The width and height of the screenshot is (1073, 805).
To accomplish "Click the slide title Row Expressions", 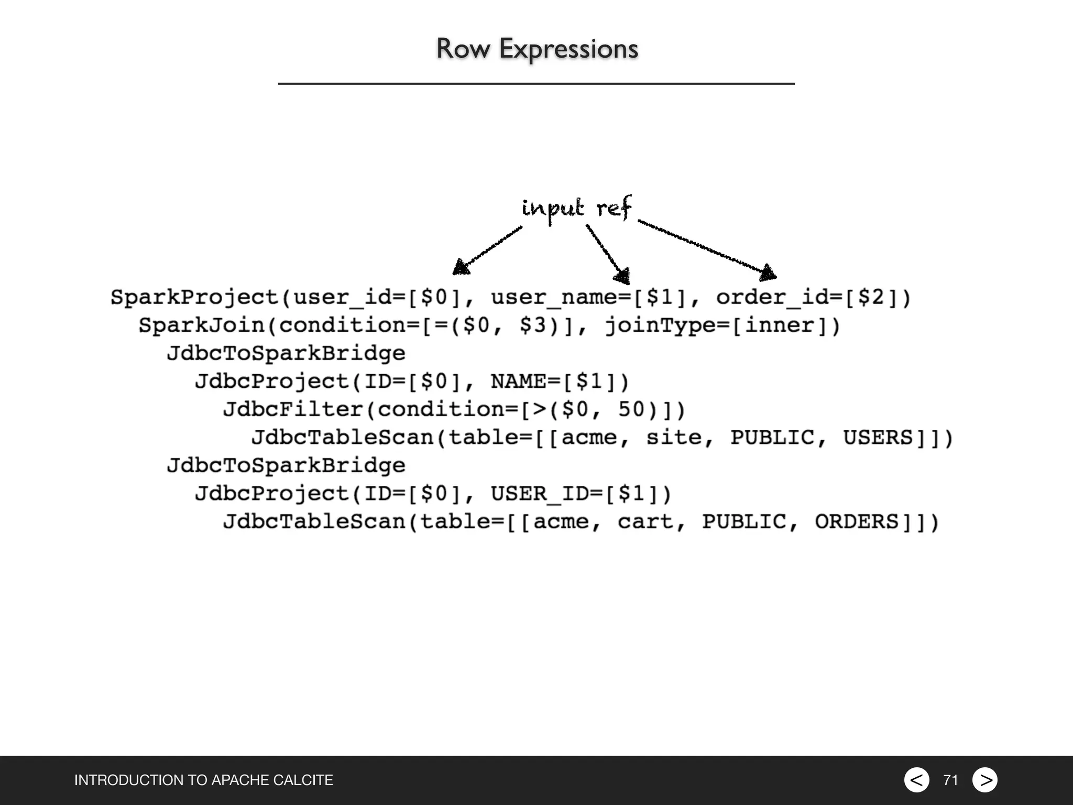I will pyautogui.click(x=536, y=49).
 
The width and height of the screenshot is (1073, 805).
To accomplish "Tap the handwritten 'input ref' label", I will pyautogui.click(x=576, y=209).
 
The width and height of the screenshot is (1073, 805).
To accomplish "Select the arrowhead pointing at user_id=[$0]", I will pyautogui.click(x=461, y=267).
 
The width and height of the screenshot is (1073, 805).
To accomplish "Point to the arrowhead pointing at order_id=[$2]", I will pyautogui.click(x=768, y=273).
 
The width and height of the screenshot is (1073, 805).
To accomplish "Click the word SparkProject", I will pyautogui.click(x=195, y=298).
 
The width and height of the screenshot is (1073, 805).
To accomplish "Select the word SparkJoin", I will pyautogui.click(x=202, y=325).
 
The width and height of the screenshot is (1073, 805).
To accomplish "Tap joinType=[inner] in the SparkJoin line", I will pyautogui.click(x=722, y=325).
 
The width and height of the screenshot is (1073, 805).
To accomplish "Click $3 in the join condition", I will pyautogui.click(x=533, y=325).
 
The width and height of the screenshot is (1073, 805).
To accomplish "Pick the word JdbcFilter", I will pyautogui.click(x=293, y=409).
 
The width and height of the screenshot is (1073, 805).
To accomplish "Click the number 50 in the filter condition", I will pyautogui.click(x=631, y=409).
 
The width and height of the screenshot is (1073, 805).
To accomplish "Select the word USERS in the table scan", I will pyautogui.click(x=878, y=438).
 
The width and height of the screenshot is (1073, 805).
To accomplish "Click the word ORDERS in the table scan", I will pyautogui.click(x=856, y=521).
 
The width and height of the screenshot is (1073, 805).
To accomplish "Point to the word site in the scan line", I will pyautogui.click(x=674, y=438).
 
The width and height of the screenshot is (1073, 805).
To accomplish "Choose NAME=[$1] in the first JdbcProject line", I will pyautogui.click(x=559, y=382).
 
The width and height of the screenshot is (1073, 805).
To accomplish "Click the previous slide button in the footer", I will pyautogui.click(x=916, y=780).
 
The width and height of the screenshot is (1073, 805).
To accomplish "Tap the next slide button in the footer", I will pyautogui.click(x=985, y=780).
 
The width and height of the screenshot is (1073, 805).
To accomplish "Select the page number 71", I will pyautogui.click(x=950, y=780).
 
